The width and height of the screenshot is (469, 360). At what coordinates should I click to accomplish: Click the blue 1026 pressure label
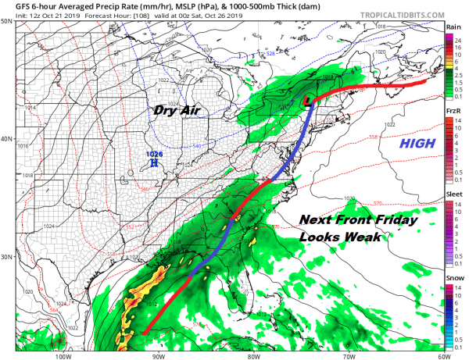tap(155, 155)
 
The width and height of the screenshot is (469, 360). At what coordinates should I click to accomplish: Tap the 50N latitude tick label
tap(6, 20)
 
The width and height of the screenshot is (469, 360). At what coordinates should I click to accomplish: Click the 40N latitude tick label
tap(6, 139)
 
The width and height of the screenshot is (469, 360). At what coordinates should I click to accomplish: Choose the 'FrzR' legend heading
tap(453, 112)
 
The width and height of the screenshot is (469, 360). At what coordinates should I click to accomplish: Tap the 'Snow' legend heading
tap(453, 278)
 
